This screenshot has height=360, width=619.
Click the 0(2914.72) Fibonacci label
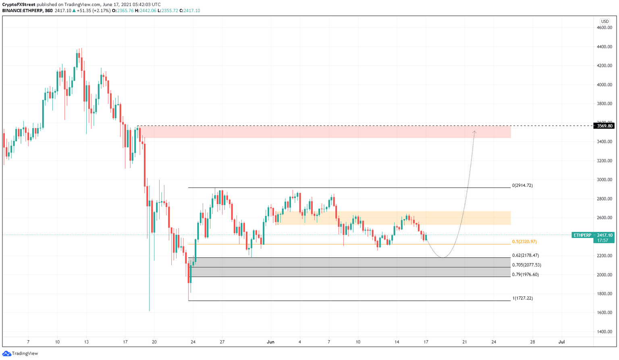522,186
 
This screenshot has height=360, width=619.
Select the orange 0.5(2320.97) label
524,242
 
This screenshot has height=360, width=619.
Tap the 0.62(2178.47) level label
525,255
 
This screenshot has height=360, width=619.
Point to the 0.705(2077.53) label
526,265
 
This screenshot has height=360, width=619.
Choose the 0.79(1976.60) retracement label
525,275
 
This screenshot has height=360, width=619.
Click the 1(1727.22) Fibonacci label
522,298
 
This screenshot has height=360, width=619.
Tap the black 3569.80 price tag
604,126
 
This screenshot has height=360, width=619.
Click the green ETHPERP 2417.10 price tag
593,235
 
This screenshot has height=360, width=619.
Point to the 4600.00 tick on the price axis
604,28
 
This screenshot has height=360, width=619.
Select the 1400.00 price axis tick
604,332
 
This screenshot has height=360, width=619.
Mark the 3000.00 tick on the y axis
604,180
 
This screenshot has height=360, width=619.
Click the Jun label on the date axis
270,342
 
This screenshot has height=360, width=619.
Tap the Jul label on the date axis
561,342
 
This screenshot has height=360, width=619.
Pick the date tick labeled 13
86,342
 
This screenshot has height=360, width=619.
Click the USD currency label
604,21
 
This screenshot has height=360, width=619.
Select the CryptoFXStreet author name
18,4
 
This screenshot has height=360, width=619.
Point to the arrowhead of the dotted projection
474,132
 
